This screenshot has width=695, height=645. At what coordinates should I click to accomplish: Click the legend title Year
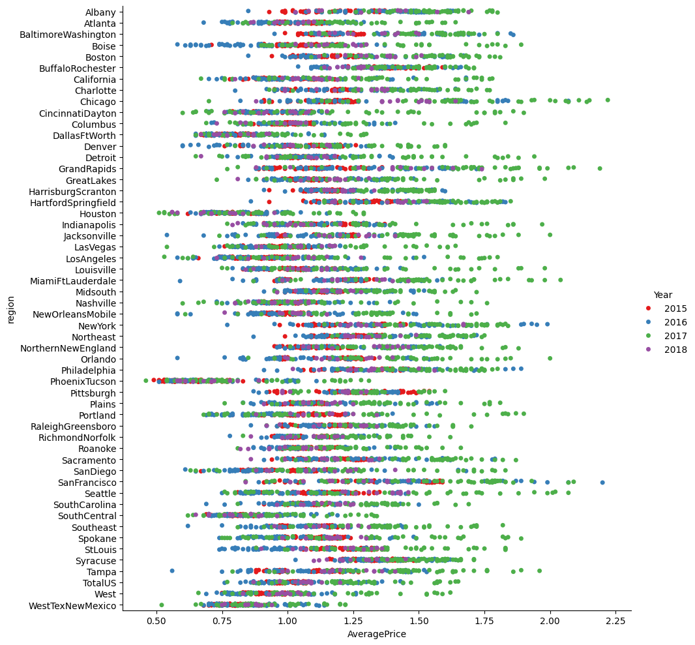pos(664,294)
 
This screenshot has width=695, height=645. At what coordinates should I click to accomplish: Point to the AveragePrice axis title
pos(377,634)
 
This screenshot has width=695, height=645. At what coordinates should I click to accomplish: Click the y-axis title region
pos(11,309)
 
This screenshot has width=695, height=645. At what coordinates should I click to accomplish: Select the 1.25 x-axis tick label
pos(353,621)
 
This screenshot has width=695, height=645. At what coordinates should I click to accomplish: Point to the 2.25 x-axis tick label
pos(615,621)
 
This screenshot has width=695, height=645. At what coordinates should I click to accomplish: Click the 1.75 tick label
pos(484,621)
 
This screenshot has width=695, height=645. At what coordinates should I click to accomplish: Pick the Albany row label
pos(100,12)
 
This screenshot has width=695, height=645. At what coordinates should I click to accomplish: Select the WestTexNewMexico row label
pos(74,606)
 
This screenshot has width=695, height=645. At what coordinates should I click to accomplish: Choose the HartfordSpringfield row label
pos(73,203)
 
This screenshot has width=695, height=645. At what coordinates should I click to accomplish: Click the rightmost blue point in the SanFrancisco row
pos(602,483)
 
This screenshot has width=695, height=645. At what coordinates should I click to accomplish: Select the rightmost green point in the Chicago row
pos(608,100)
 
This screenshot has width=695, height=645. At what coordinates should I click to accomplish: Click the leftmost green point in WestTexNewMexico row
pos(162,605)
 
